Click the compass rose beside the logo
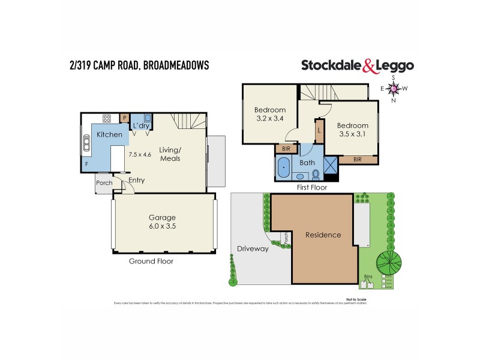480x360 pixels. (394, 89)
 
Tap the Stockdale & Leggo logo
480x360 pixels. (356, 65)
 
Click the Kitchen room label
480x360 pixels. (109, 134)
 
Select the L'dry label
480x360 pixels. (142, 125)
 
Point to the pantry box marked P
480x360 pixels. (125, 118)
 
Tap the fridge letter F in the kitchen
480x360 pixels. (86, 164)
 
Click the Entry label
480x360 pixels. (137, 180)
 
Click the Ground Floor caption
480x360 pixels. (151, 261)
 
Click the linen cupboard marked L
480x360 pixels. (319, 130)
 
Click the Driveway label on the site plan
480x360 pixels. (252, 248)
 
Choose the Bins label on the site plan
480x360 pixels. (368, 277)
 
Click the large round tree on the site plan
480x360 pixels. (390, 261)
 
